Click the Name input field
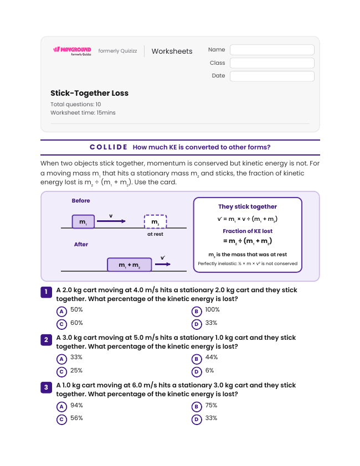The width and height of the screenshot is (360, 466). (x=272, y=50)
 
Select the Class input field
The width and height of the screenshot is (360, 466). (x=272, y=63)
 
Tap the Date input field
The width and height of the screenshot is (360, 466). (x=272, y=76)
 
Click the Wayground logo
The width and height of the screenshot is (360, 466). (x=73, y=51)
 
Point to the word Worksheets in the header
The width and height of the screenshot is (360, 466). (x=172, y=51)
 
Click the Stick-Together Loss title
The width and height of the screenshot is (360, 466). (x=89, y=93)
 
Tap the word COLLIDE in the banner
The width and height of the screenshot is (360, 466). (x=109, y=147)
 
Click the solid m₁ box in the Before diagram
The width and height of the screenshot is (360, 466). (x=83, y=222)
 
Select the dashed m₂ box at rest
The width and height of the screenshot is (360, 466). (x=155, y=222)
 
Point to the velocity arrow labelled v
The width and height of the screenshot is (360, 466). (x=111, y=221)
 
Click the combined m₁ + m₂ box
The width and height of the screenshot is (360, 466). (x=130, y=265)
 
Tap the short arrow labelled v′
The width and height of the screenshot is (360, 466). (x=163, y=264)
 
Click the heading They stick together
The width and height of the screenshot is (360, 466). (x=248, y=206)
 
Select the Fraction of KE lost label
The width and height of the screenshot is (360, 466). (x=248, y=231)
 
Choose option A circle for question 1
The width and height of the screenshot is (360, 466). (x=61, y=312)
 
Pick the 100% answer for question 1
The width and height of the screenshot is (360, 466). (x=213, y=310)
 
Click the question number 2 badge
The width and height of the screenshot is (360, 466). (x=46, y=340)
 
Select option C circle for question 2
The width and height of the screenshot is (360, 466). (x=61, y=372)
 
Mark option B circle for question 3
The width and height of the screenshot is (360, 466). (x=197, y=407)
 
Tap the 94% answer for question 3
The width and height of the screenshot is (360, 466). (x=76, y=405)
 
